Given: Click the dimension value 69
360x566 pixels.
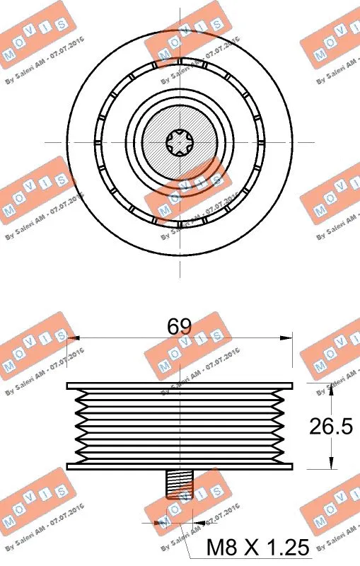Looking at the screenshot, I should click(x=180, y=326).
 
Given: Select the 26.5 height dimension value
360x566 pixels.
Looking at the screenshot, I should click(x=330, y=426).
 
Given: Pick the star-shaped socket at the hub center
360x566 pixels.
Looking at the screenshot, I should click(x=180, y=142).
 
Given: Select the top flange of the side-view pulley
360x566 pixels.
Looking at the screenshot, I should click(x=180, y=386).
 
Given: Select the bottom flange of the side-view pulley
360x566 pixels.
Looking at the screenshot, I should click(x=180, y=466).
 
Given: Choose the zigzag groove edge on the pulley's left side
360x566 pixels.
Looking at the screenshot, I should click(x=76, y=426).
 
